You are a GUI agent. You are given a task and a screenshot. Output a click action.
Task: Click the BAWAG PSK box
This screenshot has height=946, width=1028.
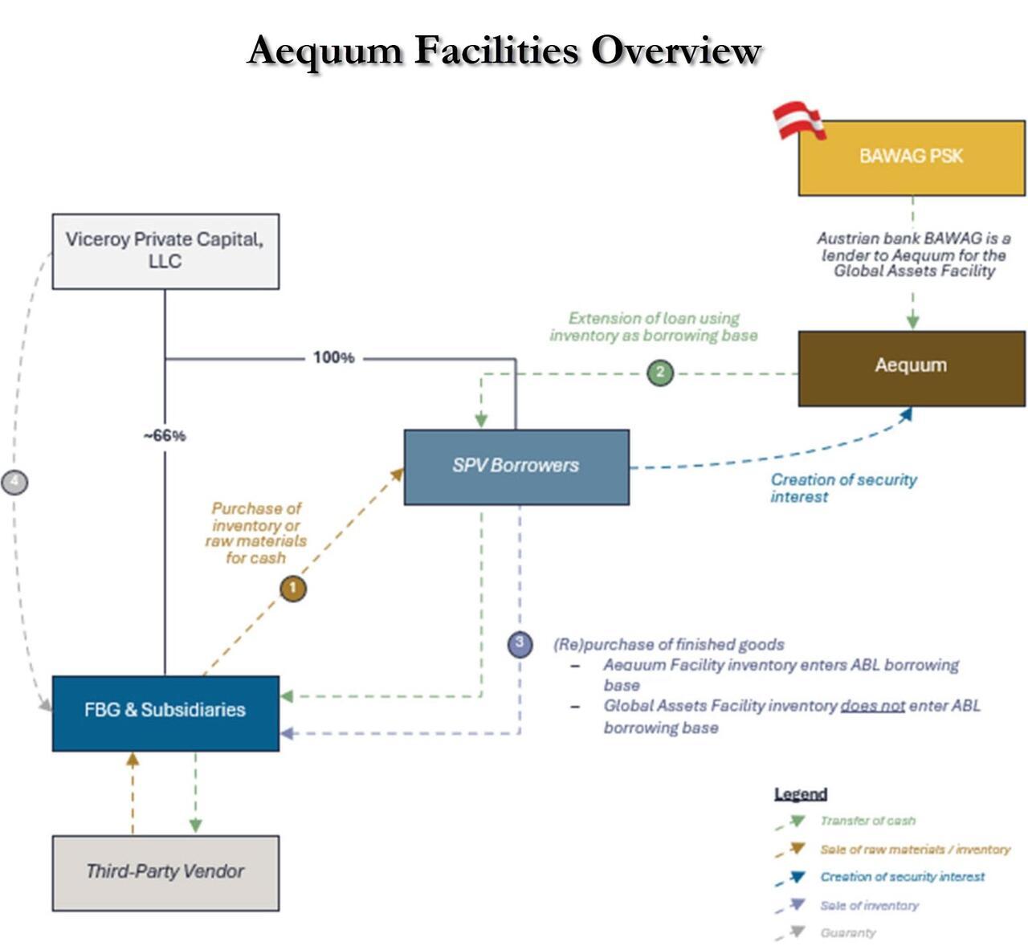[x=911, y=157]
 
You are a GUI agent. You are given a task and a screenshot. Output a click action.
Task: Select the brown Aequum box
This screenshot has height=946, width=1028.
[x=911, y=368]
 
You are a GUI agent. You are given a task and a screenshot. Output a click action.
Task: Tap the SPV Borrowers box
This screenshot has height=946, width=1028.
[x=516, y=467]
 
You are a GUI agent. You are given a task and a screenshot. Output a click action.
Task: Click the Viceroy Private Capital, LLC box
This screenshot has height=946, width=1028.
[x=165, y=251]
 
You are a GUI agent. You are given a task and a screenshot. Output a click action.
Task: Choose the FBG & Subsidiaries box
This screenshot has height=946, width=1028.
[x=165, y=712]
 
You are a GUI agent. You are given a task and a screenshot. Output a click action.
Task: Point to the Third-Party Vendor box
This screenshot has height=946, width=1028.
[x=165, y=872]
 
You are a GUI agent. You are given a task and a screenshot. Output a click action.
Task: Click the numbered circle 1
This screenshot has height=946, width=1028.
[x=293, y=589]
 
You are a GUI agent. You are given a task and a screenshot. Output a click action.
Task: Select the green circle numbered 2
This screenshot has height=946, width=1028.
[x=660, y=373]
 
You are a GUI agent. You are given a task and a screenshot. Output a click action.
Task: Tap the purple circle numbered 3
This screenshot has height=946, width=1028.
[x=520, y=643]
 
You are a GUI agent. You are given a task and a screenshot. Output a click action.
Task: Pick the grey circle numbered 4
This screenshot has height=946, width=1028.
[x=15, y=483]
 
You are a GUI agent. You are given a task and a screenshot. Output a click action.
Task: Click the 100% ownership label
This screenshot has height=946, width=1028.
[x=333, y=357]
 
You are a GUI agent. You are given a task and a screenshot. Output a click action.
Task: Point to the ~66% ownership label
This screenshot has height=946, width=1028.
[x=165, y=436]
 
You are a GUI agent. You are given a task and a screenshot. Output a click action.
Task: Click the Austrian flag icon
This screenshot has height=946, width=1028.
[x=798, y=121]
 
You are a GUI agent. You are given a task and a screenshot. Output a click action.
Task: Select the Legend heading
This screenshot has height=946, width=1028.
[x=800, y=794]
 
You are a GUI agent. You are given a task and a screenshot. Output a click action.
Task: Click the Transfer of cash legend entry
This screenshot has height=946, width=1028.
[x=867, y=821]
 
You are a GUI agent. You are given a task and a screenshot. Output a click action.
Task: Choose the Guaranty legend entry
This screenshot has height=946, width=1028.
[x=848, y=932]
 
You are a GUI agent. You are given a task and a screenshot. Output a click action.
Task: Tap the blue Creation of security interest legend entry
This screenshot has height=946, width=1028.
[x=902, y=877]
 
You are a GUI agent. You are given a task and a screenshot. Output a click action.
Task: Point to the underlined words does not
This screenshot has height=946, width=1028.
[x=872, y=706]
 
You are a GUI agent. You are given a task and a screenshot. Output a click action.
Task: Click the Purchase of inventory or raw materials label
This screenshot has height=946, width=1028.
[x=255, y=532]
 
